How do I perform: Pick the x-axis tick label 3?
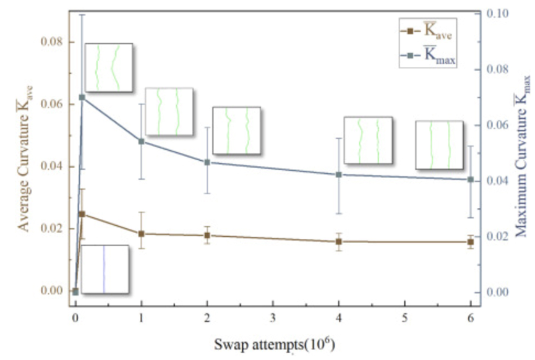273,314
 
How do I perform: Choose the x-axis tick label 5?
404,314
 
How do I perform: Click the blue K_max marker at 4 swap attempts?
339,174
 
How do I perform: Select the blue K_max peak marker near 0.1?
82,98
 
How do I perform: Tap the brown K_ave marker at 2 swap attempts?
207,235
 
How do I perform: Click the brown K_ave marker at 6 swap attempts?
471,241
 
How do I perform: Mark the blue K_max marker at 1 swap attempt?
142,142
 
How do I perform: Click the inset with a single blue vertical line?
105,270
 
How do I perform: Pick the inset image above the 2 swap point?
236,131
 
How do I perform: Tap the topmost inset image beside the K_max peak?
108,67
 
